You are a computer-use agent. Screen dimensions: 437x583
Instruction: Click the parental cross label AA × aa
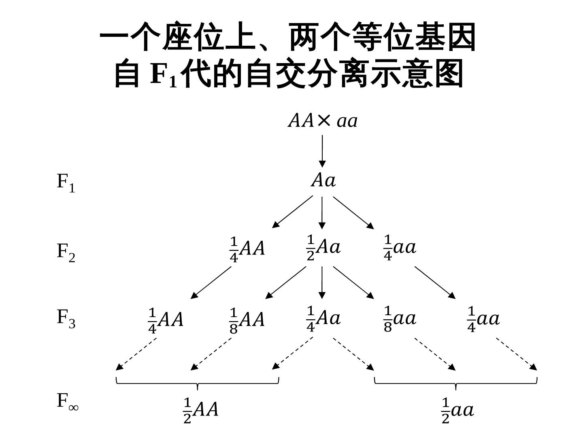coord(323,121)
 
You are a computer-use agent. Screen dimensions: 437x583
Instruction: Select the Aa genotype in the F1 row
coord(323,180)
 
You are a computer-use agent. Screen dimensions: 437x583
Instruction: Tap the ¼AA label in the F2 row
coord(247,249)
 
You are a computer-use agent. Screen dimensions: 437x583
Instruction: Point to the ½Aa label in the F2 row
coord(323,247)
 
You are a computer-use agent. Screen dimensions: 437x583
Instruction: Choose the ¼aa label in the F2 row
coord(400,248)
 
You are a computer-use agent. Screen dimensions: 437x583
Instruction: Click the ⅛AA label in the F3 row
coord(247,320)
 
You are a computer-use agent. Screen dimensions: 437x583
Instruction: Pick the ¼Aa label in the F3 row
coord(323,318)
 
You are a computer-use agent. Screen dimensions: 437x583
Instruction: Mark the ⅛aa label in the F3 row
coord(400,319)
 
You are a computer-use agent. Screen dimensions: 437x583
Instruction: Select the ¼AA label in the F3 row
coord(166,320)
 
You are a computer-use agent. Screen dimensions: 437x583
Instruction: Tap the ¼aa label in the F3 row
coord(483,319)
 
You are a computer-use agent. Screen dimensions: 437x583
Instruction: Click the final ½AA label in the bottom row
coord(200,410)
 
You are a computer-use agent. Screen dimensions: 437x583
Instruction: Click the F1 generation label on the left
coord(66,182)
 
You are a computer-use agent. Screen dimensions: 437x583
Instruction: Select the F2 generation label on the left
coord(66,252)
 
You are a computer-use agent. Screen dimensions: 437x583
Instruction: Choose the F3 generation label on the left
coord(66,318)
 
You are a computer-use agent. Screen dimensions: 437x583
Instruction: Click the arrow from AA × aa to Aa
coord(322,151)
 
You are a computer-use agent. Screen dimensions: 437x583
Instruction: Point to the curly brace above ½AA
coord(198,382)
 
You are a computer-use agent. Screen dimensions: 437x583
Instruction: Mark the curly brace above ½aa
coord(456,382)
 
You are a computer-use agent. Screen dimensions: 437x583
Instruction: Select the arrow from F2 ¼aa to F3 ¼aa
coord(435,282)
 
